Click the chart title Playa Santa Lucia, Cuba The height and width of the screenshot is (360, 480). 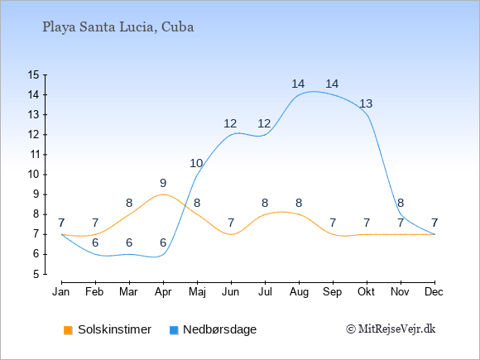pyautogui.click(x=118, y=27)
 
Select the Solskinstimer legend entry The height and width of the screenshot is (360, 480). pyautogui.click(x=108, y=329)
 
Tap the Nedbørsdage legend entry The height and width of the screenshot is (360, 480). pyautogui.click(x=213, y=329)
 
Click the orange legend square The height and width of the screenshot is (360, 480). pyautogui.click(x=68, y=330)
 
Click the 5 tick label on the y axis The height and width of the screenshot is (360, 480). pyautogui.click(x=36, y=274)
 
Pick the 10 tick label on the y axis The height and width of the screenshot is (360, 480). pyautogui.click(x=33, y=175)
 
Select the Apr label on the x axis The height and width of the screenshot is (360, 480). pyautogui.click(x=163, y=292)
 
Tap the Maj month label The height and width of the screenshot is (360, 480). pyautogui.click(x=197, y=292)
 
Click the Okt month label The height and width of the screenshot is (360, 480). pyautogui.click(x=366, y=292)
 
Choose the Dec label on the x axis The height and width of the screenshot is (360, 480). pyautogui.click(x=434, y=292)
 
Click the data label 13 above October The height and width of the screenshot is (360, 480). pyautogui.click(x=366, y=103)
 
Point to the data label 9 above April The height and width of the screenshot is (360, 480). pyautogui.click(x=163, y=184)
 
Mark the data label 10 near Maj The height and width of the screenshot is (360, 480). pyautogui.click(x=196, y=164)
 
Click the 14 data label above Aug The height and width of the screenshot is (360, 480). pyautogui.click(x=298, y=84)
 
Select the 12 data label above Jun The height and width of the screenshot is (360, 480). pyautogui.click(x=230, y=123)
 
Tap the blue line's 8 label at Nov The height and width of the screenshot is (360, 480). pyautogui.click(x=401, y=203)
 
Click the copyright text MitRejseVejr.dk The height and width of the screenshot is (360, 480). pyautogui.click(x=391, y=329)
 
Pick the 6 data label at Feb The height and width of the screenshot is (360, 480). pyautogui.click(x=95, y=243)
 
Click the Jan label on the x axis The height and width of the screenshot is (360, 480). pyautogui.click(x=61, y=292)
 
